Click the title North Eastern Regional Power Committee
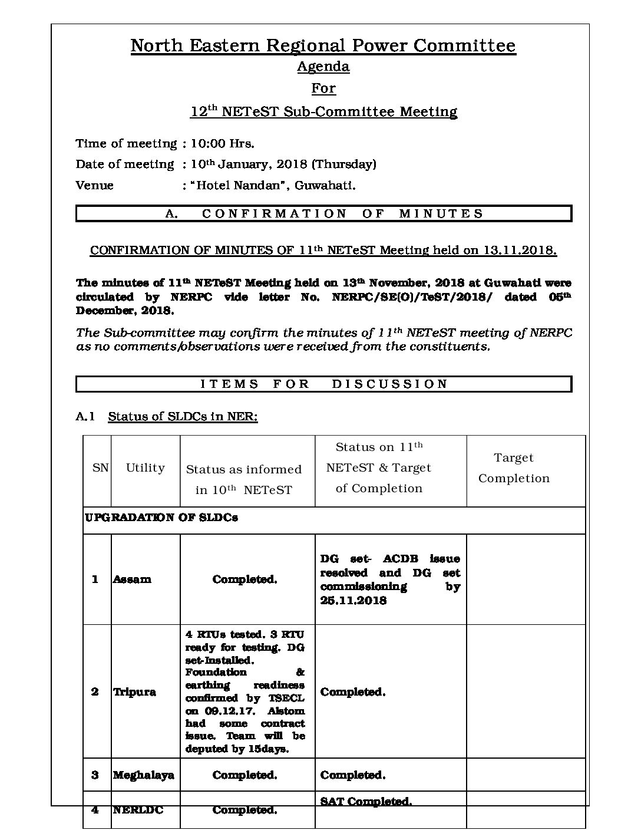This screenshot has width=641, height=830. tap(323, 46)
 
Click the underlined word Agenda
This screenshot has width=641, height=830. tap(323, 67)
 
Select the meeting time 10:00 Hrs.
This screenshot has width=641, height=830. tap(223, 143)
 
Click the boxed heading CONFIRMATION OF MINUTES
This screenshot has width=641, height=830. tap(324, 213)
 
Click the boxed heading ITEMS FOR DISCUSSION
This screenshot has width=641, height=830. tap(324, 384)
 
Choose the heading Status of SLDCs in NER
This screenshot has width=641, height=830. tap(183, 417)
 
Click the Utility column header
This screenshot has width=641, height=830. tap(145, 468)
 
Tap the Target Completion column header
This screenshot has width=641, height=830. tap(514, 468)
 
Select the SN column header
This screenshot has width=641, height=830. tap(100, 468)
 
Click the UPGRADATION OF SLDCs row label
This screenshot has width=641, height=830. tap(161, 518)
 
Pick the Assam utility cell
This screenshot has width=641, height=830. tap(132, 579)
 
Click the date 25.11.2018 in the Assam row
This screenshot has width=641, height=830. tap(353, 601)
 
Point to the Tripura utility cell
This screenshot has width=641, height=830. tap(134, 691)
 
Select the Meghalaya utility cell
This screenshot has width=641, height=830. tap(143, 775)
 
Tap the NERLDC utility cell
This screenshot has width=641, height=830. tap(138, 810)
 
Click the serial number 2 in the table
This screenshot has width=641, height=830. tap(95, 691)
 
